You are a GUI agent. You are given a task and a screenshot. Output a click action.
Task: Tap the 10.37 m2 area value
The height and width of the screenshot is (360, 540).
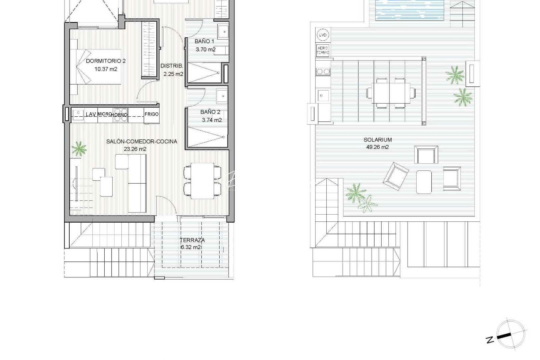click(106, 69)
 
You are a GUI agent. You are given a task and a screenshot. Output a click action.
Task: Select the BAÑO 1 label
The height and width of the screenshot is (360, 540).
click(204, 41)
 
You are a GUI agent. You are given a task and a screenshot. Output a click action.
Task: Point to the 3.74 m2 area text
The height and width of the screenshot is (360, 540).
click(212, 120)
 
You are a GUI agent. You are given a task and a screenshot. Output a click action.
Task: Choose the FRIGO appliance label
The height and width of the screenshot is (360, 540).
click(152, 114)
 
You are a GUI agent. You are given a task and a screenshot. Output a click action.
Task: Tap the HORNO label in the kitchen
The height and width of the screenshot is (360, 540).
click(120, 115)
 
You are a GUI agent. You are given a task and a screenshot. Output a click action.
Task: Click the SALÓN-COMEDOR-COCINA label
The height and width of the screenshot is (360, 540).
click(142, 141)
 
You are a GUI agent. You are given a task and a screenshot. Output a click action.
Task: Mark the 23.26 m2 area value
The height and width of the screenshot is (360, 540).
click(135, 149)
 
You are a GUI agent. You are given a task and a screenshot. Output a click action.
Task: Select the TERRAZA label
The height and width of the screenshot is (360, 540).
click(192, 240)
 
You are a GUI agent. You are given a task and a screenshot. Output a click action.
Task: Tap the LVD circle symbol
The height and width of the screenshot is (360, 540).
click(322, 35)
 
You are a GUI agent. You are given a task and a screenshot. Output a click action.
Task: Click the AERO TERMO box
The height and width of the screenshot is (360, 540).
click(323, 51)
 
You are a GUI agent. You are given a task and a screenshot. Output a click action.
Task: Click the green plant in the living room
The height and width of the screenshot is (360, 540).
click(79, 148)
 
